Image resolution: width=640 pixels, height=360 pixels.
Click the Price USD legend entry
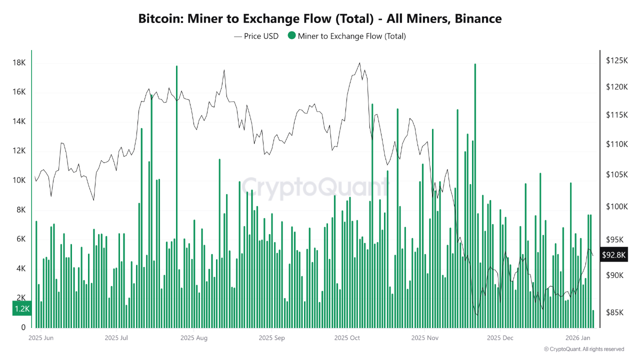[256, 36]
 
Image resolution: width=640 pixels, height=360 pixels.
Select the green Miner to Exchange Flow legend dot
[291, 35]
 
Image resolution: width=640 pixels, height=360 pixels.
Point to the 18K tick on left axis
[19, 63]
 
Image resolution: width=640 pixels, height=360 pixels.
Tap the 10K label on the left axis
[19, 180]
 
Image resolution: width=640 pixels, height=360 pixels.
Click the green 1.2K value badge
[22, 309]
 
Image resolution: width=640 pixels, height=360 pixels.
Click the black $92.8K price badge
[614, 255]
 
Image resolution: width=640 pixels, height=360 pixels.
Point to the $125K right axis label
[616, 60]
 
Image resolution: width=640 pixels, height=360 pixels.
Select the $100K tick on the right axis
[616, 207]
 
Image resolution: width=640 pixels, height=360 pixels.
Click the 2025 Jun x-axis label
[41, 338]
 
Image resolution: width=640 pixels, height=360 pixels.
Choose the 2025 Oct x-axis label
[347, 338]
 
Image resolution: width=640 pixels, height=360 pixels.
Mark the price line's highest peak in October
[359, 63]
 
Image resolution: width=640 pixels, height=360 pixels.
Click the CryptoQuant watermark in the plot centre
[315, 187]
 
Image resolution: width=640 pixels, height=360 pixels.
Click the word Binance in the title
[478, 19]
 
